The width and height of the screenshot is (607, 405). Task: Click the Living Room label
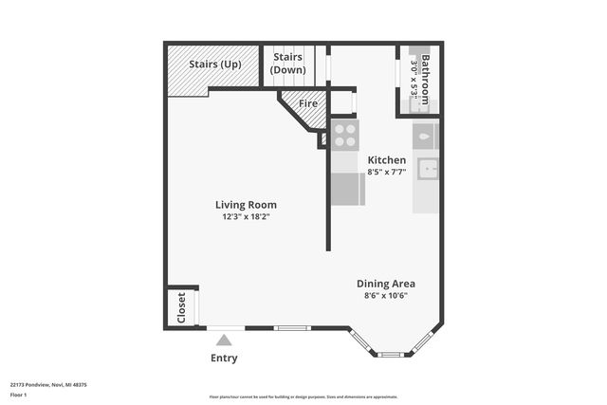tap(246, 204)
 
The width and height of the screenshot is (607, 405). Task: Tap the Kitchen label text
tap(387, 160)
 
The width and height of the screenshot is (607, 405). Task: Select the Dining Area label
tap(385, 283)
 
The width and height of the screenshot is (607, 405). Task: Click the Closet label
tap(181, 307)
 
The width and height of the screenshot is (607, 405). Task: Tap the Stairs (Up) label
tap(214, 64)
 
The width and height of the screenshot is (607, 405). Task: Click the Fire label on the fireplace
tap(308, 103)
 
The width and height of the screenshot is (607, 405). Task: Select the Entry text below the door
tap(224, 358)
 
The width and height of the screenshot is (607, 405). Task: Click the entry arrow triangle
tap(224, 339)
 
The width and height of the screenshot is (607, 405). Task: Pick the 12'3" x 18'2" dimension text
tap(246, 217)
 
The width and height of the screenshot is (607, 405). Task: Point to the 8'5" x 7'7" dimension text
tap(387, 173)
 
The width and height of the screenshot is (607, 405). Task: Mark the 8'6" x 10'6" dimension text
tap(385, 296)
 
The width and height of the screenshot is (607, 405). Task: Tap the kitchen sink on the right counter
tap(428, 169)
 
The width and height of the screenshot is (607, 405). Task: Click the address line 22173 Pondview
tap(48, 385)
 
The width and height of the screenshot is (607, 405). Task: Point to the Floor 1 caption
tap(20, 394)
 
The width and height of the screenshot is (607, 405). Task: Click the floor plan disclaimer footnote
tap(303, 397)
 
